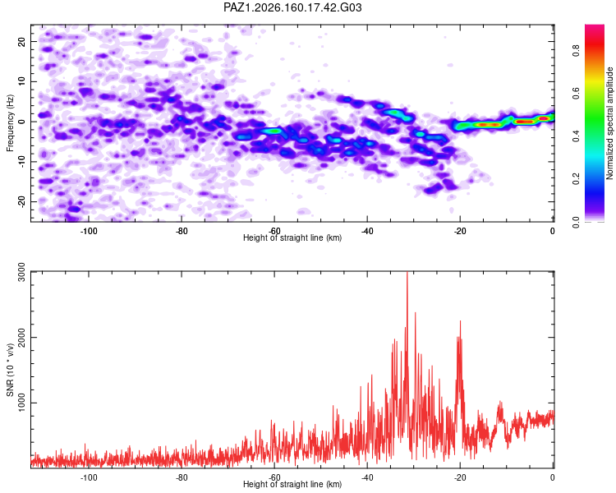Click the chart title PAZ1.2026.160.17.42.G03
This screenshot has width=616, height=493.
[292, 7]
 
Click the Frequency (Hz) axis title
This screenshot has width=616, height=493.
[10, 123]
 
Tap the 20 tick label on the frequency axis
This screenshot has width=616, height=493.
[22, 41]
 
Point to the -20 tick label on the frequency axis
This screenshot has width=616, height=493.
[22, 202]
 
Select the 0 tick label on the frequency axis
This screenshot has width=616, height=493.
[22, 122]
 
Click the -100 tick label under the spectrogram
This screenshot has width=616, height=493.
[89, 231]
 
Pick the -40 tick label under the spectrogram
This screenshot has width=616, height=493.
[367, 231]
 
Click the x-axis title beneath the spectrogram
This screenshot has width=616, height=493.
[292, 237]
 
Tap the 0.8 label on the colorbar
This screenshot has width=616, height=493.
[576, 51]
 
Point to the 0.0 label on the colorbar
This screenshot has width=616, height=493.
[576, 222]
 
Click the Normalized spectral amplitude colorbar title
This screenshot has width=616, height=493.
[609, 123]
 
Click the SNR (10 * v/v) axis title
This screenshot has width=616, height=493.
[10, 370]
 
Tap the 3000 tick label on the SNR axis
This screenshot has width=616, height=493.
[22, 272]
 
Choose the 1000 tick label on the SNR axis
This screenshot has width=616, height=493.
[22, 403]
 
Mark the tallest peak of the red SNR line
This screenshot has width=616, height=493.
[407, 272]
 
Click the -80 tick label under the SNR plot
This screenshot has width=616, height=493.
[182, 478]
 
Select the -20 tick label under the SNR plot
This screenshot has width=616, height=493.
[460, 478]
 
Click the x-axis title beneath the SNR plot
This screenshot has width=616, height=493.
[292, 484]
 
